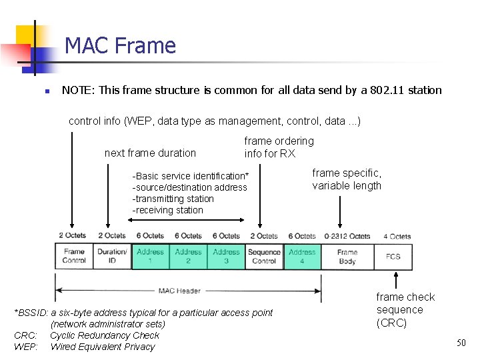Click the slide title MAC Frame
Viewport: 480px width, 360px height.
coord(120,45)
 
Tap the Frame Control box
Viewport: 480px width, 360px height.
coord(74,256)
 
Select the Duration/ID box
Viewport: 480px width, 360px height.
coord(112,256)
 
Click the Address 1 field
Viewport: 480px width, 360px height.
coord(150,256)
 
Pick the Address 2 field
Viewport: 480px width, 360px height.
coord(188,256)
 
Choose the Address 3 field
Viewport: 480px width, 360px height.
coord(226,256)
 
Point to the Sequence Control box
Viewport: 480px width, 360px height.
coord(264,256)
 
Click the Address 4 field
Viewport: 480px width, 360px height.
coord(302,256)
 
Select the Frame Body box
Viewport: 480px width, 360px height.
coord(347,256)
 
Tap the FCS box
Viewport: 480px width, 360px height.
coord(393,256)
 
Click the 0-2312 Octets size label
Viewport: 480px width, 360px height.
coord(347,236)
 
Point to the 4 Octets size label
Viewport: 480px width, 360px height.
coord(397,236)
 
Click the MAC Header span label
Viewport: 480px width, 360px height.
coord(179,291)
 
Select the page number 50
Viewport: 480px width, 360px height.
coord(461,343)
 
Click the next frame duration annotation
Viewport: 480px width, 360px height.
coord(150,153)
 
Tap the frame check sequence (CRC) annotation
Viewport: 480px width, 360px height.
coord(405,310)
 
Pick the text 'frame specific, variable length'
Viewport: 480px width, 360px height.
coord(347,179)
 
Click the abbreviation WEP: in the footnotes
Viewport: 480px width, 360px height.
coord(25,347)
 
